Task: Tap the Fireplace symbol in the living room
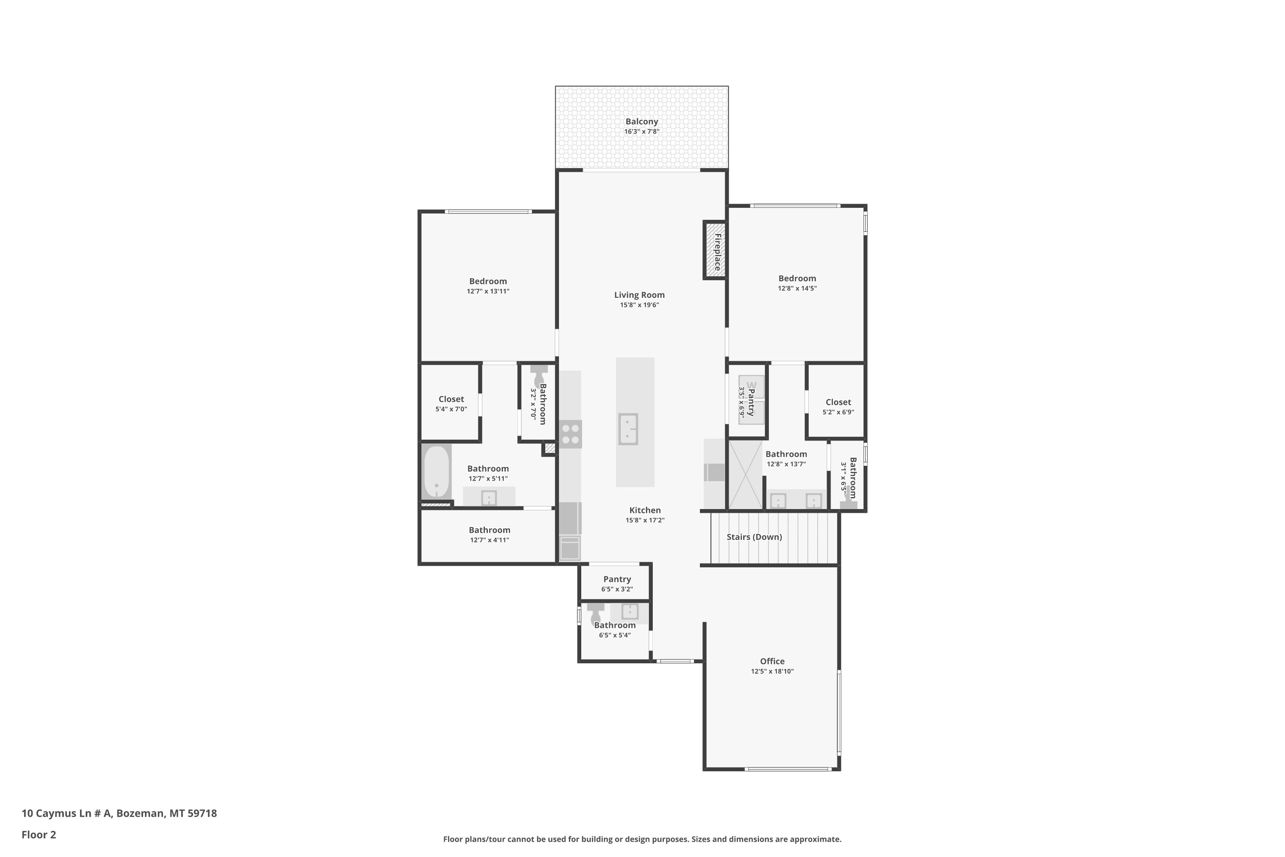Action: [715, 250]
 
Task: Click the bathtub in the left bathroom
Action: [436, 472]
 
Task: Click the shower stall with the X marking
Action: [745, 474]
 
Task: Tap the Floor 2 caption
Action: [39, 835]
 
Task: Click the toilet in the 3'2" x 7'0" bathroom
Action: [539, 375]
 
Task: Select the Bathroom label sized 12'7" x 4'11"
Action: [490, 530]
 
